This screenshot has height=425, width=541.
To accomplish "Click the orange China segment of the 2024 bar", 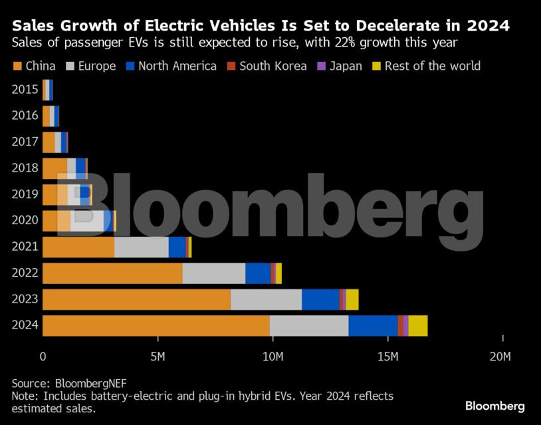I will coord(156,326).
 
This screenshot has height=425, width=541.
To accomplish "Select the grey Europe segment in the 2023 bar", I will coord(266,300).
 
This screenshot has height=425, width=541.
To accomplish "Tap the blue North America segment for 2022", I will coord(258,273).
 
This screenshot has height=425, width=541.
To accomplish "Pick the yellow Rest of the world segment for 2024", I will coord(418,326).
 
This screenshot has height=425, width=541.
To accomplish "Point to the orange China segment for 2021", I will coord(78,247).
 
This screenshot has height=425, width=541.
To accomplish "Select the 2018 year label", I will coord(25,168).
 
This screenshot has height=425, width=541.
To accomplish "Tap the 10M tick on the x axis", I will coord(272,356).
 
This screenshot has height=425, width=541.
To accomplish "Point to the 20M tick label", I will coord(500,356).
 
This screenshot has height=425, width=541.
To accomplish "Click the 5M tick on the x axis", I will coord(158,356).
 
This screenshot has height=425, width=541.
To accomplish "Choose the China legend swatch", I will coord(17,66).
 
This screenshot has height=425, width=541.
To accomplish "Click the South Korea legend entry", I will coord(272,66).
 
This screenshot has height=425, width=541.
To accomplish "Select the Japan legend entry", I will coord(346,66).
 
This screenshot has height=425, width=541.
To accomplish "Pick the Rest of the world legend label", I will coord(432,66).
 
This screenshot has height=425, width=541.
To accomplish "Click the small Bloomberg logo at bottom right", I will coord(494,406).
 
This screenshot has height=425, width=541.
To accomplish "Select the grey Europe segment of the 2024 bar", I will coord(309,326).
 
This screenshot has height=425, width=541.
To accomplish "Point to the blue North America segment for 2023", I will coord(320,300).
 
